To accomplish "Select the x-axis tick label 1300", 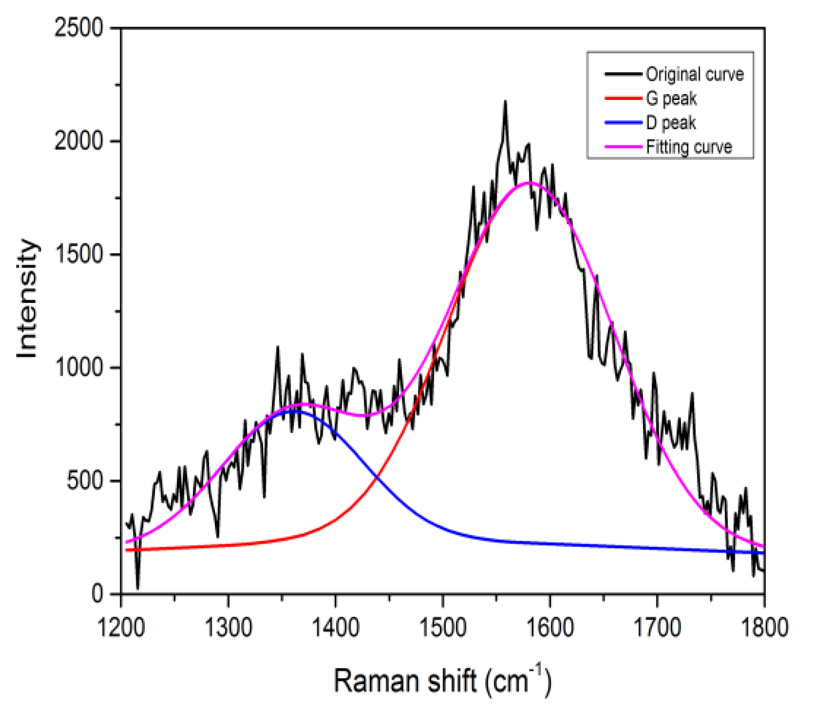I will (x=228, y=627).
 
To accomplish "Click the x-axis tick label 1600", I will (x=549, y=627).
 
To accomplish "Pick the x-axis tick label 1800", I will (x=764, y=627).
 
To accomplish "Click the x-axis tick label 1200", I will (x=121, y=627).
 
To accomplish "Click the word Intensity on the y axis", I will (x=28, y=299).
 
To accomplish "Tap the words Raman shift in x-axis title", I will (x=405, y=681).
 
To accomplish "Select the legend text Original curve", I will (x=694, y=74).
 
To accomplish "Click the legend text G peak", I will (x=671, y=98).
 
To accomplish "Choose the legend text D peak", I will (x=671, y=123).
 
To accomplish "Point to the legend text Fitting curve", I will (x=688, y=147).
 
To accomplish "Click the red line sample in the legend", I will (x=623, y=98).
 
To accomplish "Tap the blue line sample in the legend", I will (x=623, y=123).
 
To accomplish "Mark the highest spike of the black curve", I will (x=505, y=102).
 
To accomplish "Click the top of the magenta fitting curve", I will (x=528, y=183).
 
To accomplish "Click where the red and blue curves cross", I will (x=377, y=476).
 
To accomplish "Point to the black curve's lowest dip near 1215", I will (x=138, y=588).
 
